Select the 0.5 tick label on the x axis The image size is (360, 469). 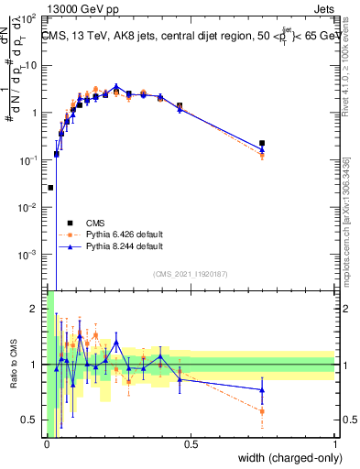point(191,444)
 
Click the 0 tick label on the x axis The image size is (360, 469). point(47,444)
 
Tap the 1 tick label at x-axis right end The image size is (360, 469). point(335,444)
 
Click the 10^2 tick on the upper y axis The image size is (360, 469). point(29,18)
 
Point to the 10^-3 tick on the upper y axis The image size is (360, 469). point(29,254)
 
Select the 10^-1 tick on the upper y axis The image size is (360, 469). point(29,159)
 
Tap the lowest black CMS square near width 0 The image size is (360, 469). point(50,187)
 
